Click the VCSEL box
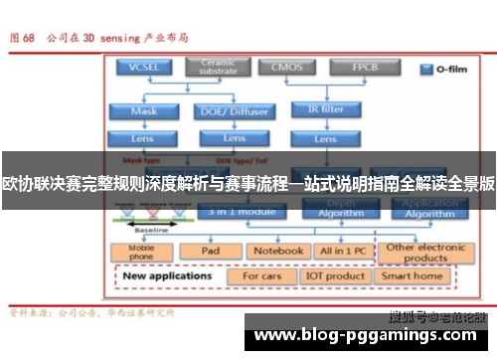(144, 68)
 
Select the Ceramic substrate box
(218, 67)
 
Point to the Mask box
(144, 110)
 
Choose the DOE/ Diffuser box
(236, 110)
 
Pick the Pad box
(210, 251)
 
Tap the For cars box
(263, 276)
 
